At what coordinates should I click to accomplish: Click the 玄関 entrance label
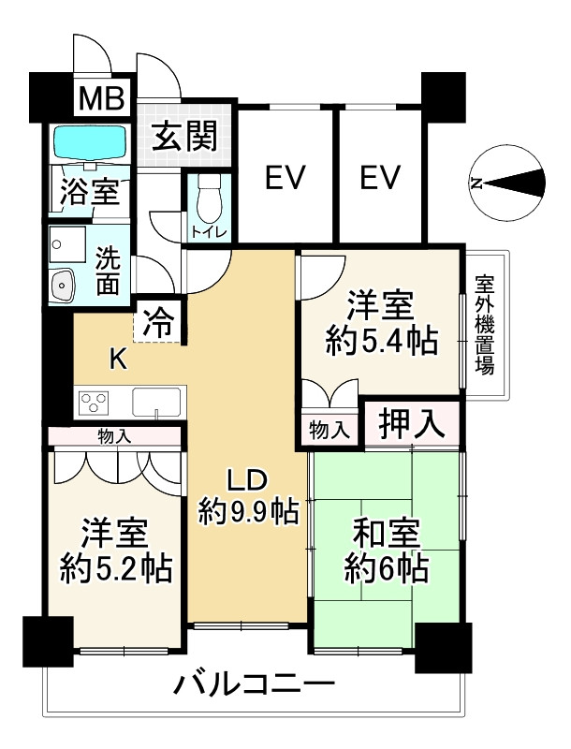point(186,136)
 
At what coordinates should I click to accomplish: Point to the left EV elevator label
point(285,177)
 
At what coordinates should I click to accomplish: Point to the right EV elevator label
point(380,177)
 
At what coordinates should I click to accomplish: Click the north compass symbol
point(507,184)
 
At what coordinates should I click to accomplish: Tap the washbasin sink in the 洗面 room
point(62,285)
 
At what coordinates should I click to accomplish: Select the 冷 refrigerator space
point(158,323)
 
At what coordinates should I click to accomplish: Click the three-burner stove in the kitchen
point(94,403)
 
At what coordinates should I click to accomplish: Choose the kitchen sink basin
point(157,403)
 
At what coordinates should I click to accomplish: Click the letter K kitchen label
point(118,360)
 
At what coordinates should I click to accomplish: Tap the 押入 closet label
point(412,424)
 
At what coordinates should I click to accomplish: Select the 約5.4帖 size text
point(381,340)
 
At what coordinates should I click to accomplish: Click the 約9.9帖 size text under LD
point(249,511)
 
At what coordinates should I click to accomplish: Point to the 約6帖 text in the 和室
point(387,567)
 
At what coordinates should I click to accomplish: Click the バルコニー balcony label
point(254,685)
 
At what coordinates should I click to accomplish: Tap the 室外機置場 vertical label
point(485,324)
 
